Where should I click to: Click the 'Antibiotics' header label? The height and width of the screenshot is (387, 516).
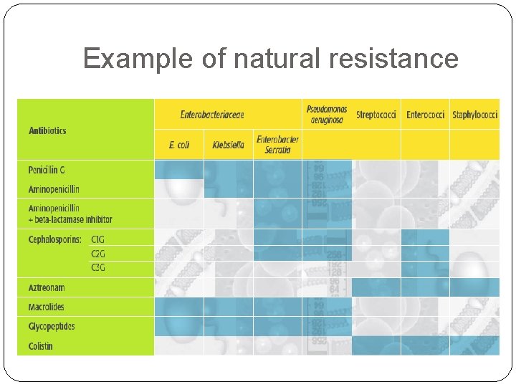click(x=47, y=131)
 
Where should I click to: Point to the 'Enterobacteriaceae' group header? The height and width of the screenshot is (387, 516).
click(x=212, y=115)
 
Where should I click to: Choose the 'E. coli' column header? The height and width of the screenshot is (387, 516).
click(x=179, y=145)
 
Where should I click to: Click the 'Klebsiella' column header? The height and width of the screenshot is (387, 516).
click(x=228, y=145)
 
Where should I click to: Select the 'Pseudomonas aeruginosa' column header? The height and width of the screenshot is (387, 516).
click(x=327, y=115)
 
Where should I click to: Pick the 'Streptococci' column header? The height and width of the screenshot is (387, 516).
click(x=376, y=115)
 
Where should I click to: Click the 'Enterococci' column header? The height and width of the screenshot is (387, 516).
click(x=425, y=115)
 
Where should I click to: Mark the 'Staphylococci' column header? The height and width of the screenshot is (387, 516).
click(x=475, y=115)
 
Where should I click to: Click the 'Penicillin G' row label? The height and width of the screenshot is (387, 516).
click(x=47, y=170)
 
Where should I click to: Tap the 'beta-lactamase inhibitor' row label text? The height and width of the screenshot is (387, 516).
click(x=72, y=219)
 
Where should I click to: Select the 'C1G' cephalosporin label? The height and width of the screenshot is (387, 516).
click(x=98, y=239)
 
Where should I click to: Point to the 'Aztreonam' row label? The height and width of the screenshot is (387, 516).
click(x=47, y=287)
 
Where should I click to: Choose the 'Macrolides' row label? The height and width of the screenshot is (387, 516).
click(x=47, y=307)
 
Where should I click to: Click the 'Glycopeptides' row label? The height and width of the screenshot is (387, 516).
click(x=52, y=326)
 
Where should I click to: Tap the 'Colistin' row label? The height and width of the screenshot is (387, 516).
click(x=41, y=346)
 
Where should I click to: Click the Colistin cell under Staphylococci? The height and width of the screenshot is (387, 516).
click(x=474, y=345)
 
